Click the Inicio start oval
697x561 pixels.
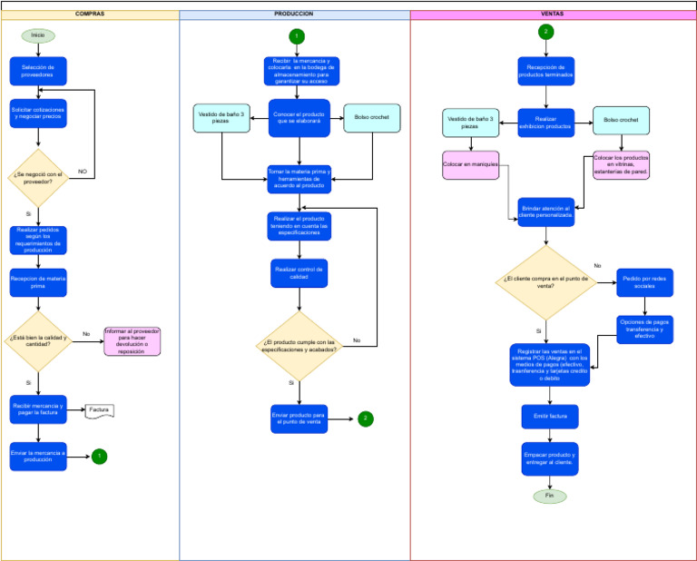(x=38, y=35)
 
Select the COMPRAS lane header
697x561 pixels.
(x=89, y=15)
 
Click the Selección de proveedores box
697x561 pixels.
(x=38, y=71)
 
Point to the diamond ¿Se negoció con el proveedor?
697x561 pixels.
(x=38, y=177)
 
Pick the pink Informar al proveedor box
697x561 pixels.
(x=132, y=341)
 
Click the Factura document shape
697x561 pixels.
(x=99, y=411)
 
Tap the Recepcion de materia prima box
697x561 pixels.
(x=38, y=282)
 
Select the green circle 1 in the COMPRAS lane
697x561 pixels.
(x=99, y=456)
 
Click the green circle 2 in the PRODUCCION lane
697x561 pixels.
(x=365, y=418)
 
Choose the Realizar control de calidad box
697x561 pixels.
(x=299, y=273)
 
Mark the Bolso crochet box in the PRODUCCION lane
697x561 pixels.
(x=372, y=118)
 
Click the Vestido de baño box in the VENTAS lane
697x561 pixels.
(x=470, y=123)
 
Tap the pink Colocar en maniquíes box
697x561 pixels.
(x=470, y=164)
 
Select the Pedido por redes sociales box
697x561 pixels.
(x=644, y=282)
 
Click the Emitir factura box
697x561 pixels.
(x=550, y=417)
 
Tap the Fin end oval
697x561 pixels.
(x=549, y=497)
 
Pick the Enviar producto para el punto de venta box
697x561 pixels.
(x=299, y=418)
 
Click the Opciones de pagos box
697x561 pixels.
(x=644, y=329)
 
